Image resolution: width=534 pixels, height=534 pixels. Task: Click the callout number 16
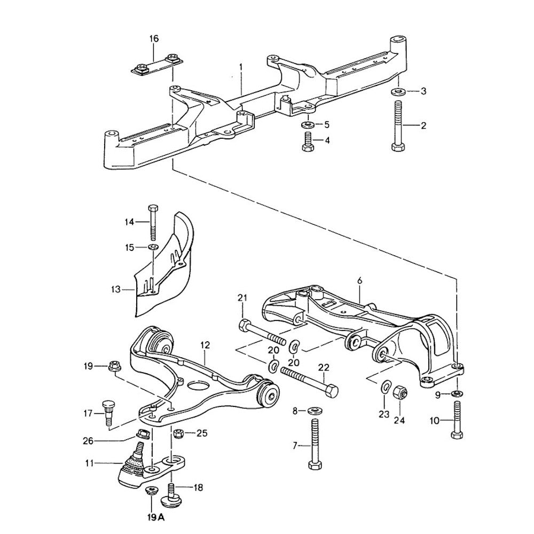tap(154, 38)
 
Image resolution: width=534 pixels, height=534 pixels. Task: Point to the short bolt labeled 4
tap(307, 141)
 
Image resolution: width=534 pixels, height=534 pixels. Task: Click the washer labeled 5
tap(307, 124)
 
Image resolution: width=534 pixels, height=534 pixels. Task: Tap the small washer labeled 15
tap(152, 247)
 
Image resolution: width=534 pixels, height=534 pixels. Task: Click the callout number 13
tap(116, 289)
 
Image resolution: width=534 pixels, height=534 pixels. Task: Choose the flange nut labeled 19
tap(114, 366)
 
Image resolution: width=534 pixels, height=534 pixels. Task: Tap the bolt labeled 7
tap(314, 443)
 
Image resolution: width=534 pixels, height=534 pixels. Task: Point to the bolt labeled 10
tap(457, 420)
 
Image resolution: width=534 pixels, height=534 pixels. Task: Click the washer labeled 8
tap(314, 411)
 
